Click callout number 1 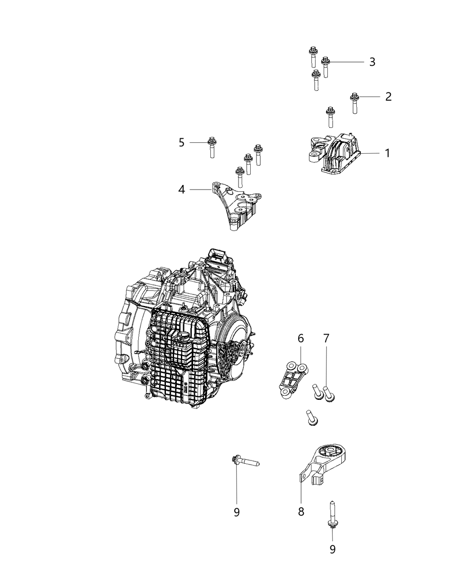(387, 153)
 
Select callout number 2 (388, 97)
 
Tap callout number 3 (372, 62)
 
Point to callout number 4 (182, 189)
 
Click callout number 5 (181, 142)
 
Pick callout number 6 (301, 338)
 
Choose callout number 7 (326, 338)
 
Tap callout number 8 (301, 512)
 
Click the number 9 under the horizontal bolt (236, 512)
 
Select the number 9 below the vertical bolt (332, 549)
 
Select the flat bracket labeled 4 (236, 206)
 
